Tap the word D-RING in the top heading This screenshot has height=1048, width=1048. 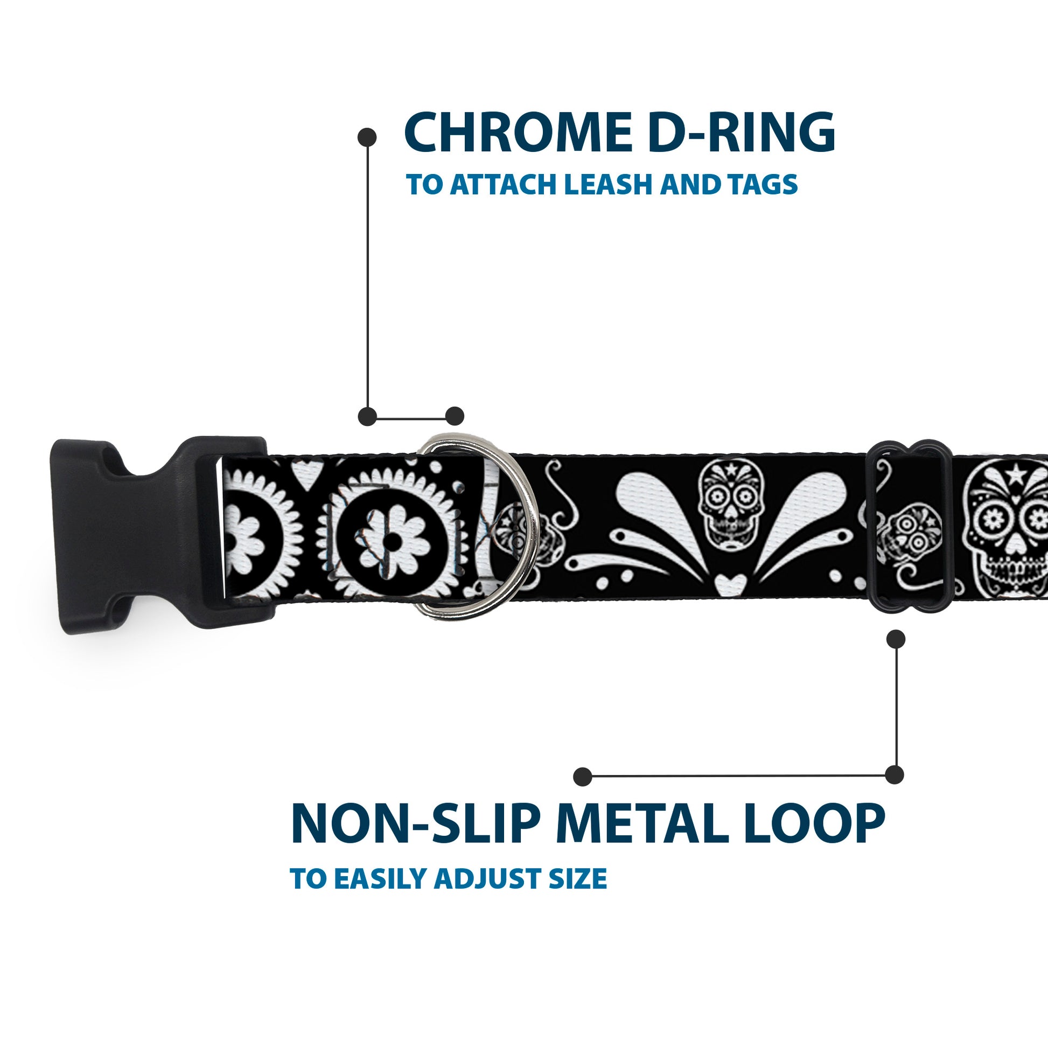pos(741,134)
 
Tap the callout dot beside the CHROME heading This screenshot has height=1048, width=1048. pos(367,137)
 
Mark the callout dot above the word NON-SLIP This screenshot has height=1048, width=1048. pos(583,777)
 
